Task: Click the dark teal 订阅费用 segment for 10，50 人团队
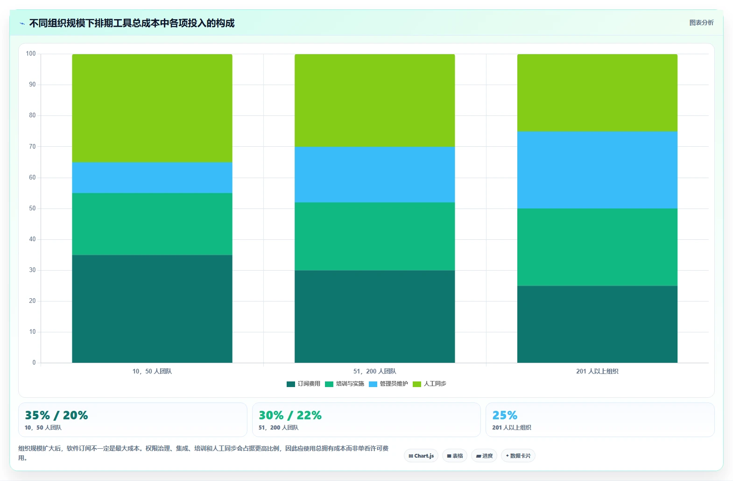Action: (152, 309)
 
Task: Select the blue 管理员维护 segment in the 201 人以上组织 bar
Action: (597, 170)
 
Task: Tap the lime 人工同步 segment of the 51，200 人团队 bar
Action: (375, 100)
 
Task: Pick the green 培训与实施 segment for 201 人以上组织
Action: (597, 247)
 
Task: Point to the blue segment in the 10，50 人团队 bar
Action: (152, 178)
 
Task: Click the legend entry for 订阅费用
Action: (303, 384)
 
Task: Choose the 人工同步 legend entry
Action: (430, 384)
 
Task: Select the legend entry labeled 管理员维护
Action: (388, 384)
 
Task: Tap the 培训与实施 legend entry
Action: (345, 384)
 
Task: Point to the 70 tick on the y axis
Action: (32, 146)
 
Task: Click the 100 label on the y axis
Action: (31, 54)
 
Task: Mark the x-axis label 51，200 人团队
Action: (375, 371)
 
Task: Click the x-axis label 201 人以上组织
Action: (597, 371)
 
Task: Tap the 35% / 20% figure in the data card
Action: (56, 415)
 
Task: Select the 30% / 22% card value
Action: (290, 415)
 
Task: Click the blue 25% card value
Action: (505, 415)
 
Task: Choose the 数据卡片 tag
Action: (518, 456)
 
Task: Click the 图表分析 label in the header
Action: (701, 22)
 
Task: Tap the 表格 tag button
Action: (455, 456)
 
